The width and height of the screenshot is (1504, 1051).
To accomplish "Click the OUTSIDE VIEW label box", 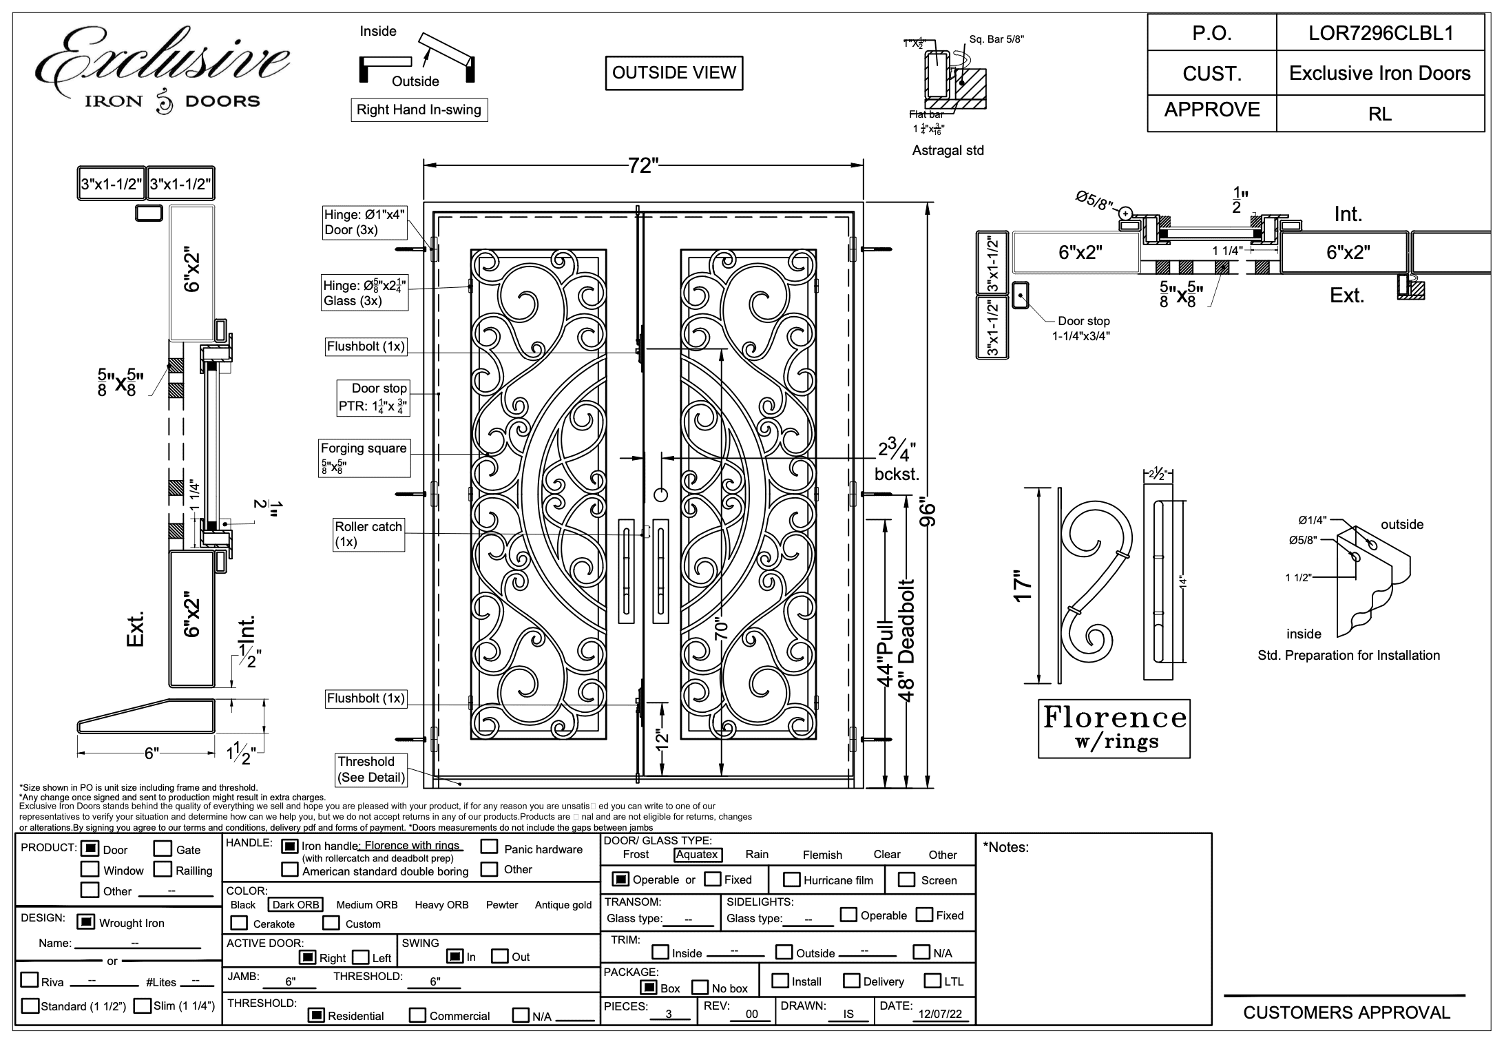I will [673, 73].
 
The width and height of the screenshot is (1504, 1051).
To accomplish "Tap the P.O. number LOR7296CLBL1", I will [1380, 33].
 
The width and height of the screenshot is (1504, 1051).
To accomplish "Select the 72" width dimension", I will [643, 165].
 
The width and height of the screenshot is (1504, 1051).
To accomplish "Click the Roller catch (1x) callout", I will [368, 534].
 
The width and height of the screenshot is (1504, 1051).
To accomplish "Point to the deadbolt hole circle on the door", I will [660, 495].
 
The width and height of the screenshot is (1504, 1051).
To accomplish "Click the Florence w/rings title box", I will [1114, 729].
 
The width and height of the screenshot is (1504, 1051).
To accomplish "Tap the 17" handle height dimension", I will [1024, 585].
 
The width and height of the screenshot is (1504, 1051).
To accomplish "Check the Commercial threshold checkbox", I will [417, 1015].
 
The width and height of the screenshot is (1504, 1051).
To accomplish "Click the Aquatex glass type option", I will [697, 855].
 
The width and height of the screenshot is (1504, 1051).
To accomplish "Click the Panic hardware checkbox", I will [489, 847].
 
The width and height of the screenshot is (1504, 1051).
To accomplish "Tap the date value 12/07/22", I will [940, 1014].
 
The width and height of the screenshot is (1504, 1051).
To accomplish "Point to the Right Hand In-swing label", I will [419, 110].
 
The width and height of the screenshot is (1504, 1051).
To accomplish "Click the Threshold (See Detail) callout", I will [370, 769].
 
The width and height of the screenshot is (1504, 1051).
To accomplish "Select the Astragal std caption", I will [948, 150].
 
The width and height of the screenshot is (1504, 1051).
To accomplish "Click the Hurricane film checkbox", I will [792, 880].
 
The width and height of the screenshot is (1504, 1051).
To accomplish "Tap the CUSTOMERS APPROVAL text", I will [1346, 1012].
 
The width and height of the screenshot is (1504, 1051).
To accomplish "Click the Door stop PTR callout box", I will [373, 397].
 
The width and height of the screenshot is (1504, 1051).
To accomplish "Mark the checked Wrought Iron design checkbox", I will [85, 922].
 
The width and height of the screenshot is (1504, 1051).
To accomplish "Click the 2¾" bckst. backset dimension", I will [897, 461].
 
